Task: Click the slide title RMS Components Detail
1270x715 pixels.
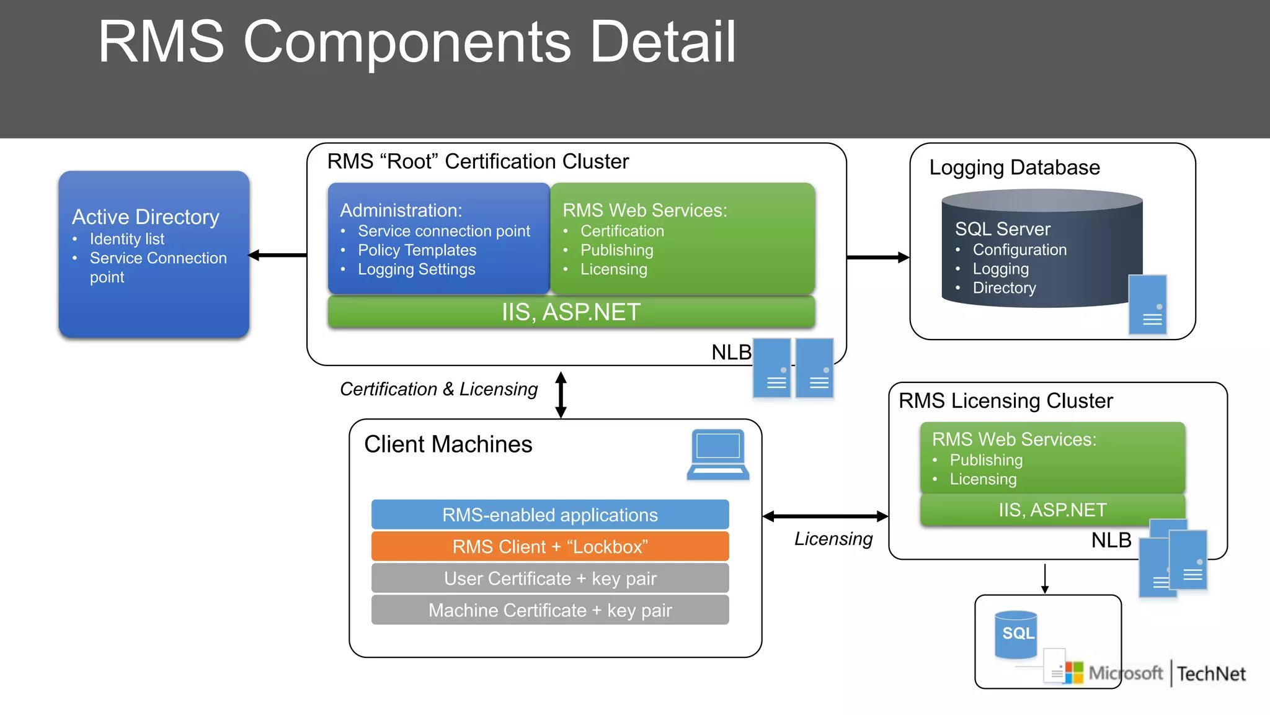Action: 417,42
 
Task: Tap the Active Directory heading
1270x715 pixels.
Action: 146,217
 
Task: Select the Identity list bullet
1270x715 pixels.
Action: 127,239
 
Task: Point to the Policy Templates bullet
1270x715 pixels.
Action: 417,250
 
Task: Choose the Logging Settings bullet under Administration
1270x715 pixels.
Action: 416,269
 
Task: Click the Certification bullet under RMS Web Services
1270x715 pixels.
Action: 622,231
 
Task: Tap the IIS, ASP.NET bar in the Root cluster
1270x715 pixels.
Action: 571,312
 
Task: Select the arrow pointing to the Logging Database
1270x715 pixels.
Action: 877,257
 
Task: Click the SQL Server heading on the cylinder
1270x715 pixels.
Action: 1003,229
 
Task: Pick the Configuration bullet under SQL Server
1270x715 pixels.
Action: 1019,250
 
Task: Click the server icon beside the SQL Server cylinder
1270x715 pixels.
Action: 1147,305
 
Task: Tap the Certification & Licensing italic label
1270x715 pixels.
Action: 438,389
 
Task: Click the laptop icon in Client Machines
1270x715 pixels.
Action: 717,455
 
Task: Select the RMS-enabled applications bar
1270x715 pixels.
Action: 550,515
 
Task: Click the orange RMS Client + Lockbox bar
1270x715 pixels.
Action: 550,547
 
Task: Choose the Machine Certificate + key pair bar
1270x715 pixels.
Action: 550,610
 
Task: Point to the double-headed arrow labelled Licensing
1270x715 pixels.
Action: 825,516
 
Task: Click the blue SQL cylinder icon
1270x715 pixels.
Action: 1016,634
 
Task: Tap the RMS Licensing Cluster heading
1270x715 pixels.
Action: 1005,401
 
